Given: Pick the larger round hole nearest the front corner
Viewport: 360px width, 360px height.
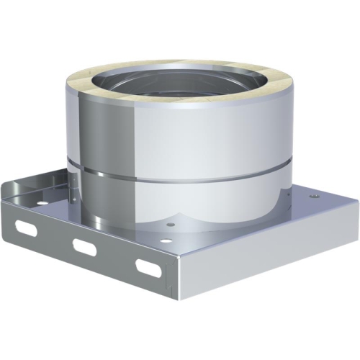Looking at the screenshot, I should click(x=171, y=230).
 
